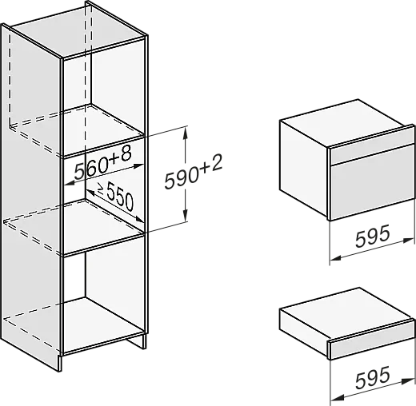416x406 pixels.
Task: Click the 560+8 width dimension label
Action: [x=102, y=163]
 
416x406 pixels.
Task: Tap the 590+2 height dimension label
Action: [x=194, y=173]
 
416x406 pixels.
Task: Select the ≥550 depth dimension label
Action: [x=115, y=197]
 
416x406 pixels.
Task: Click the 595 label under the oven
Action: [x=373, y=236]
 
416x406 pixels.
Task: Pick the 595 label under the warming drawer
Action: [x=373, y=377]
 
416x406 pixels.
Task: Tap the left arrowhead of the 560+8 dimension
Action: [x=70, y=183]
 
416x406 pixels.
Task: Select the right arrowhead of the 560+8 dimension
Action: [x=138, y=165]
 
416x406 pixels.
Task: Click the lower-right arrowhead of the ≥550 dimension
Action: [x=139, y=219]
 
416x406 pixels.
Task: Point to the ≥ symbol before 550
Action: [x=101, y=189]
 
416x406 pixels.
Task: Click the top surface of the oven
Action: [x=344, y=123]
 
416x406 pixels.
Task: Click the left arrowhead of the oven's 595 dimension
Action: [x=336, y=258]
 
